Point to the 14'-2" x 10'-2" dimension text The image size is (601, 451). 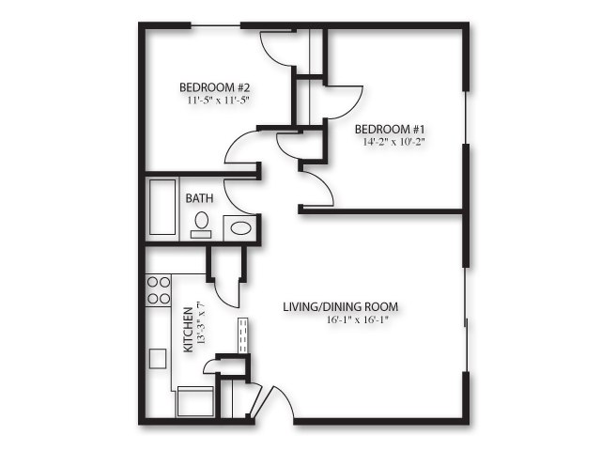[393, 143]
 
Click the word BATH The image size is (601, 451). [199, 198]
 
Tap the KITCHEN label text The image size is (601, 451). [187, 328]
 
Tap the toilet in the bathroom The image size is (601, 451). [201, 224]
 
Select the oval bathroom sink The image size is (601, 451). [239, 226]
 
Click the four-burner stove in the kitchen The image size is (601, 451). [158, 289]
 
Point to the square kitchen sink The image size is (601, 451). [158, 358]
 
